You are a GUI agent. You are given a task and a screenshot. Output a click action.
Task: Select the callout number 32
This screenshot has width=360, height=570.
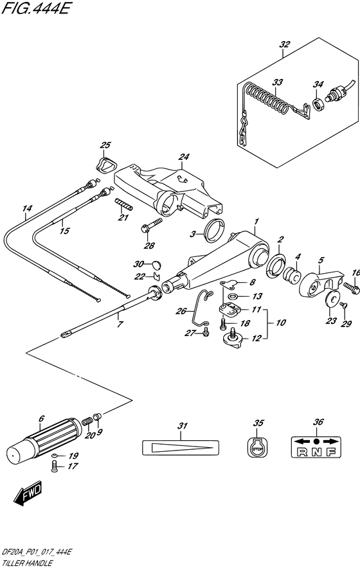click(x=284, y=44)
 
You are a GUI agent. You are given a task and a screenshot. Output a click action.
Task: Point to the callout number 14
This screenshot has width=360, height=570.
click(x=26, y=208)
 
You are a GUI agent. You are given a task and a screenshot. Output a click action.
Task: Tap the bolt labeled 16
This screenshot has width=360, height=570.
click(x=350, y=285)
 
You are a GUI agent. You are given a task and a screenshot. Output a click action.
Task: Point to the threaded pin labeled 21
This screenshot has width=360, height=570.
click(x=124, y=205)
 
